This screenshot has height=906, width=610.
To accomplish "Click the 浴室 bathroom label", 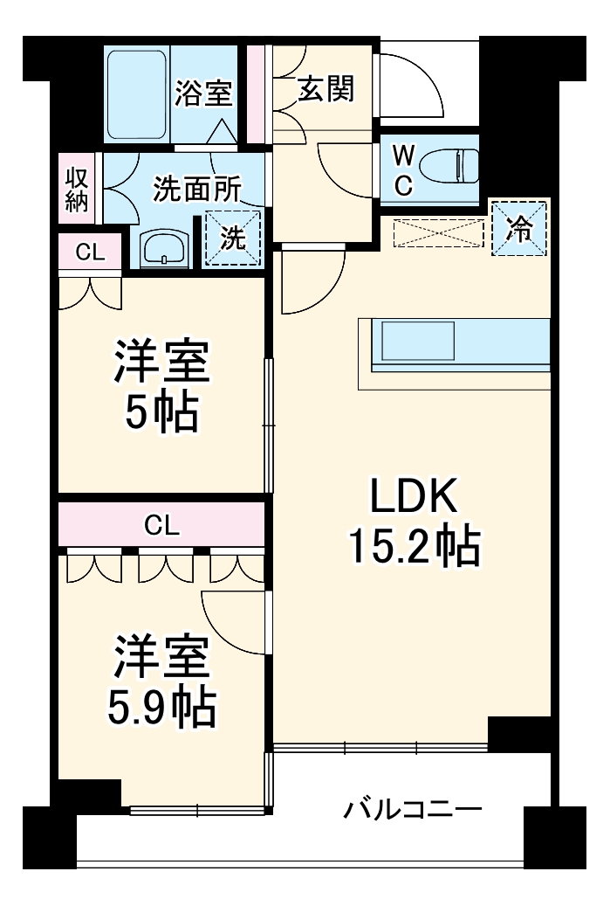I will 202,93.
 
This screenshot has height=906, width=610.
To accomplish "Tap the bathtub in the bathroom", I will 136,95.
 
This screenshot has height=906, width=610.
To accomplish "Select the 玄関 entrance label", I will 326,89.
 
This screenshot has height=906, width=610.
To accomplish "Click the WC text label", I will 402,169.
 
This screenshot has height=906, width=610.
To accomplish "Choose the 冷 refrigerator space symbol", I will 519,229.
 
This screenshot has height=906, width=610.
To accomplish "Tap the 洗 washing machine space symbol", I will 232,239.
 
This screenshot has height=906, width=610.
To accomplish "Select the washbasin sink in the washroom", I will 162,248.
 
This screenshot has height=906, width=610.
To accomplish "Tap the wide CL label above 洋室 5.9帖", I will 162,525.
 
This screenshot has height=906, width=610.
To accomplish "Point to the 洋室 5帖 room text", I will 161,386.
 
